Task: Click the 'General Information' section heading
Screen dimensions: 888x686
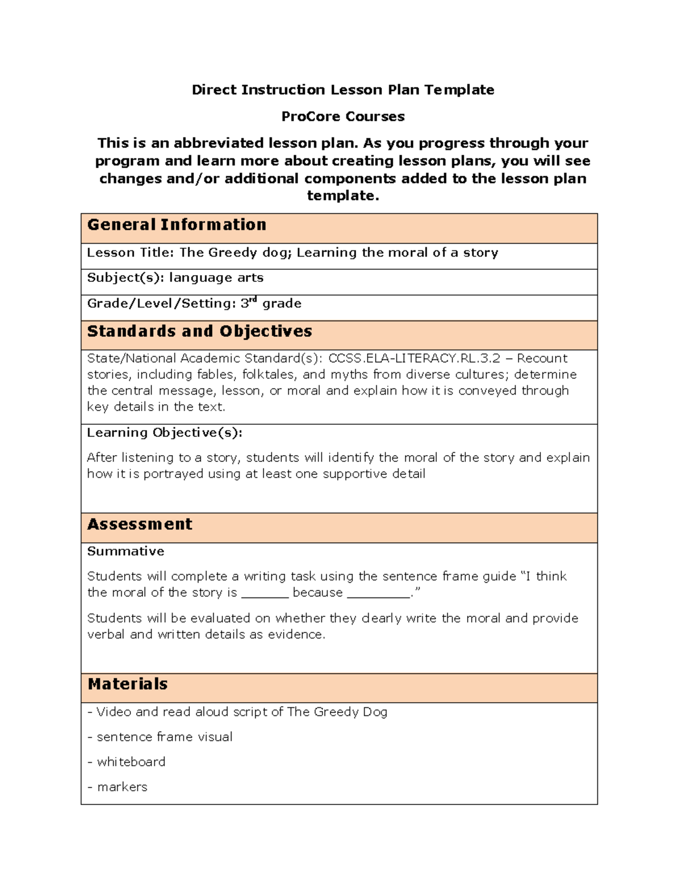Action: click(177, 225)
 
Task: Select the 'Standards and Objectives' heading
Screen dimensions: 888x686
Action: click(200, 332)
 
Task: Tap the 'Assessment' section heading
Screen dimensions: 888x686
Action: click(139, 524)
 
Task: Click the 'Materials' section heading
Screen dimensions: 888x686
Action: click(127, 684)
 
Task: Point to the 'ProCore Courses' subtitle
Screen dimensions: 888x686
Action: click(343, 117)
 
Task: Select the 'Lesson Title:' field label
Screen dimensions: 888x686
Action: click(131, 253)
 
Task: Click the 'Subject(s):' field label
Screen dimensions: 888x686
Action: click(125, 278)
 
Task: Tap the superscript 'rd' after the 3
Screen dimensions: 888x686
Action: click(253, 300)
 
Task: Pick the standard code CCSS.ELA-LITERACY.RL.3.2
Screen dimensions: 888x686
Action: click(414, 359)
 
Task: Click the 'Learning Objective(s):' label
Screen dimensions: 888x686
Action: click(165, 433)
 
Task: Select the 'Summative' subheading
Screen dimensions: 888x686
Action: click(126, 551)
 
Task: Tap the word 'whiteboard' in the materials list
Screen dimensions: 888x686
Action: click(131, 762)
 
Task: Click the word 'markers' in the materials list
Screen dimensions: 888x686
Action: click(122, 787)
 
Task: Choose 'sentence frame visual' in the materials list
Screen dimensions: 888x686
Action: click(165, 737)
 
